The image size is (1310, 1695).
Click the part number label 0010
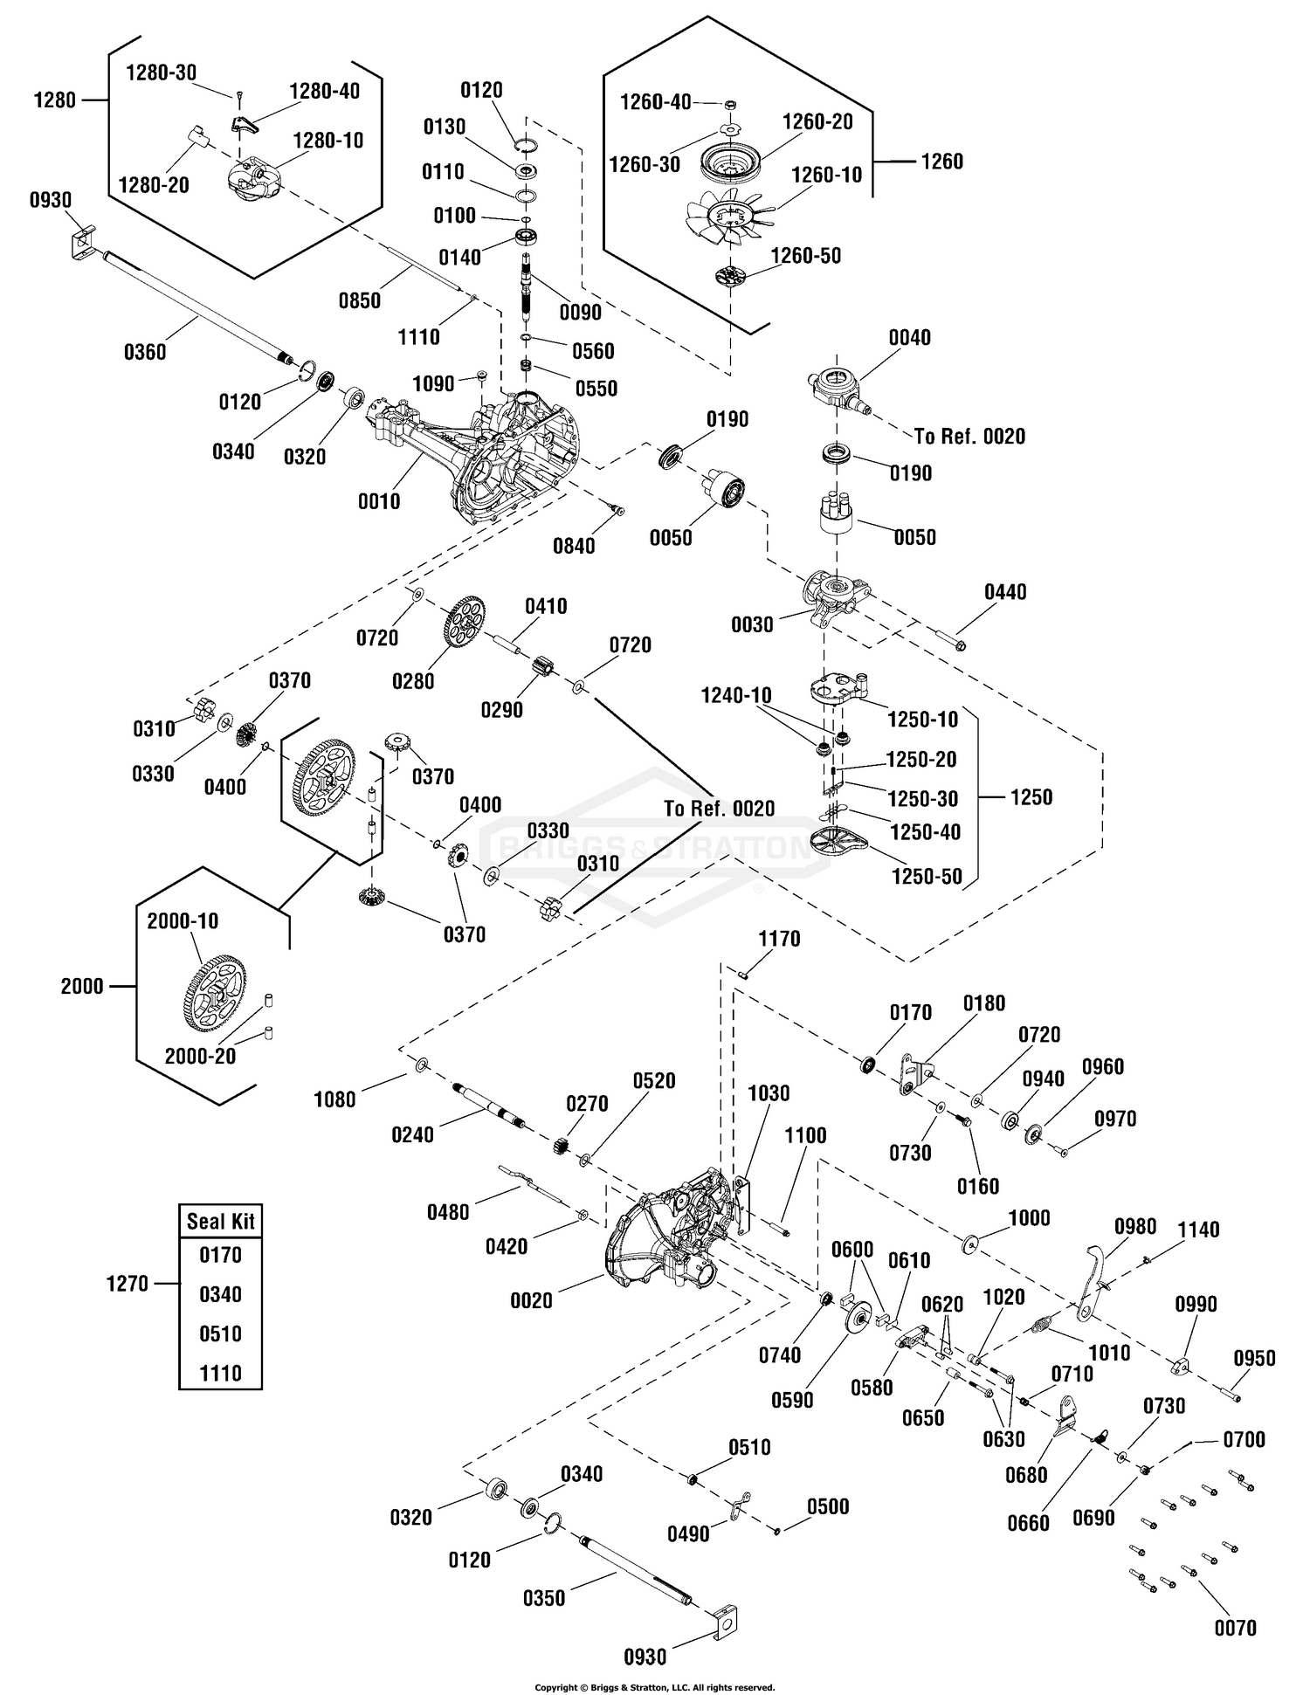tap(379, 501)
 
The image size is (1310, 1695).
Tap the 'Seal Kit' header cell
tap(220, 1221)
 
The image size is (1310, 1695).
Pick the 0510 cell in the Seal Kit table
tap(220, 1333)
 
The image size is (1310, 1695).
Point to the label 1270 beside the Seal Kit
tap(128, 1284)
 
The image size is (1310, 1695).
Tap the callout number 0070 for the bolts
tap(1235, 1628)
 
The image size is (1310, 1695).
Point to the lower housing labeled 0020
tap(668, 1239)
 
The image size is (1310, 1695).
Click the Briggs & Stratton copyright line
tap(654, 1687)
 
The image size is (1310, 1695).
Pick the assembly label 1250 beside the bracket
tap(1031, 796)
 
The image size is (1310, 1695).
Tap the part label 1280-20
tap(154, 185)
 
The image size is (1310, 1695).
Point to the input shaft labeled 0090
tap(528, 287)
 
